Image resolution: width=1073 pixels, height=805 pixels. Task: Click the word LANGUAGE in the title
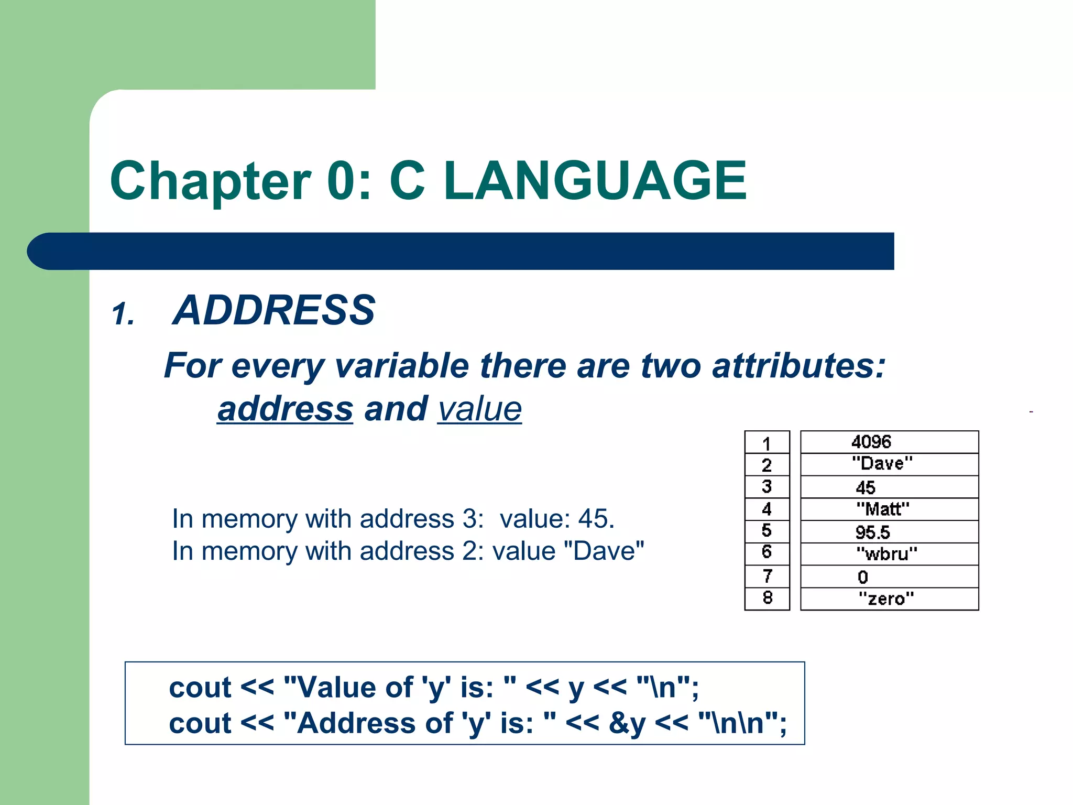(595, 181)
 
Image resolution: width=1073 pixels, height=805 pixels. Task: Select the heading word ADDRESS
(273, 310)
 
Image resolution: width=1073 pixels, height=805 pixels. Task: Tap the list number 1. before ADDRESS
(124, 314)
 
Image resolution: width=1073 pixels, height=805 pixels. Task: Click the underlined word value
(479, 409)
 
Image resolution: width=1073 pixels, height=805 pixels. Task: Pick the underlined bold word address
(285, 409)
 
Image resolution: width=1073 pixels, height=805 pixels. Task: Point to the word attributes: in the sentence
(798, 365)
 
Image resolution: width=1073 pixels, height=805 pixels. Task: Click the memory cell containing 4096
(889, 442)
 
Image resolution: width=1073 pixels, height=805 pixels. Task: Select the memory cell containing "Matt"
(889, 509)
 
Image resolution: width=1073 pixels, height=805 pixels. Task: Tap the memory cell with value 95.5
(889, 532)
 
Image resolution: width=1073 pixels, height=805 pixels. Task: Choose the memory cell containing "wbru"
(889, 554)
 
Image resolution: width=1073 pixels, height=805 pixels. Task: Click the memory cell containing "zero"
(889, 599)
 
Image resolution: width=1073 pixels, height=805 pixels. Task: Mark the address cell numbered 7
(767, 576)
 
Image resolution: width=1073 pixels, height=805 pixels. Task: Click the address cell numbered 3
(767, 487)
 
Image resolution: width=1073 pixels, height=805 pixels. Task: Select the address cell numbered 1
(767, 443)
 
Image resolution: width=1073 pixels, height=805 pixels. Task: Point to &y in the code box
(627, 723)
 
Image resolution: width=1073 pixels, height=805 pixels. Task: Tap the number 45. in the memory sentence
(596, 519)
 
